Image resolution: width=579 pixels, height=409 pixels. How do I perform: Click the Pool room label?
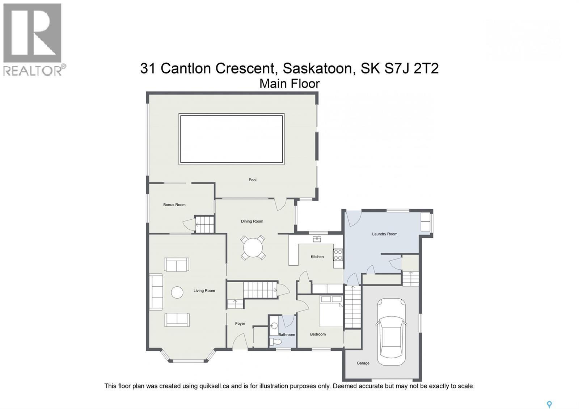click(x=252, y=180)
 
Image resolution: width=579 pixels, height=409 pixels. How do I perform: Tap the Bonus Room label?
click(x=174, y=205)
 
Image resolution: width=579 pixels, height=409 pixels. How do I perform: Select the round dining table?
click(x=253, y=248)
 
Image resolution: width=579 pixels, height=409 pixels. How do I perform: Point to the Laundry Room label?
click(x=384, y=234)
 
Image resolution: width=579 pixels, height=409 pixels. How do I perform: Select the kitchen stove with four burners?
click(x=338, y=255)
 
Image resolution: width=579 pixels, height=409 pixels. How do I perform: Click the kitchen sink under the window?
click(x=317, y=239)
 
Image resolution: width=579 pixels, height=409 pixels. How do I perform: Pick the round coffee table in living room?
click(x=177, y=292)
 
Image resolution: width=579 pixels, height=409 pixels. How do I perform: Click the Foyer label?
click(x=240, y=324)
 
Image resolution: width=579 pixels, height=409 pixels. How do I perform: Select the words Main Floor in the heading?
click(x=289, y=84)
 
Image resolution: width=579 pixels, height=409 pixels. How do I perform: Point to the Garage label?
click(x=363, y=363)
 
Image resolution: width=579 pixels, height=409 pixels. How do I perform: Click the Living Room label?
click(x=204, y=291)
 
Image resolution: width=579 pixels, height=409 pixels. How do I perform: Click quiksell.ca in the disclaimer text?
click(x=214, y=386)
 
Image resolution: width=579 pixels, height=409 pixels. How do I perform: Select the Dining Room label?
click(x=252, y=222)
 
